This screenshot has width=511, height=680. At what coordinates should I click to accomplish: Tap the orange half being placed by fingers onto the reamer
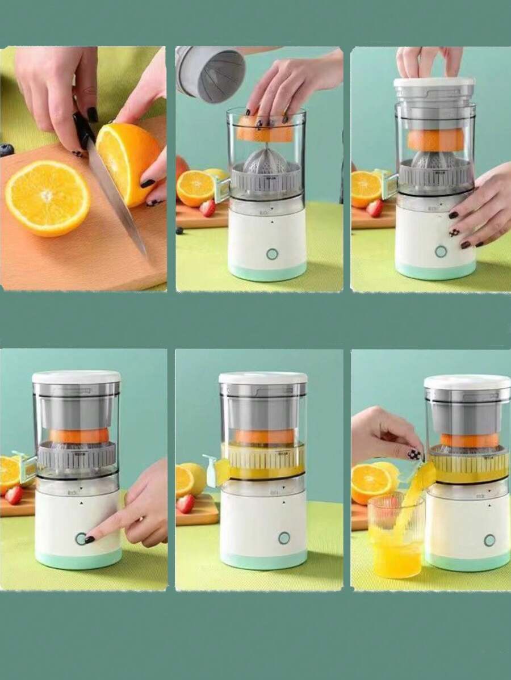coord(265,130)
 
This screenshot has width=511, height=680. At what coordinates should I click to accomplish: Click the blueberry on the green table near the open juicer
coord(179,230)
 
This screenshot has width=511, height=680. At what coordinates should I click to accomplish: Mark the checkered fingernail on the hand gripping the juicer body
coord(455,233)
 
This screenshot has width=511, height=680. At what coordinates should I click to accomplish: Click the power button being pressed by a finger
coord(81,538)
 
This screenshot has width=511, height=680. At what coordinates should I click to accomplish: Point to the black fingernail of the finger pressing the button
coord(90,540)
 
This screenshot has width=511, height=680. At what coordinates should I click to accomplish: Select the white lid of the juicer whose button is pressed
coord(76,377)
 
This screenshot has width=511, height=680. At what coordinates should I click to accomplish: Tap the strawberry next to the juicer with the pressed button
coord(14,494)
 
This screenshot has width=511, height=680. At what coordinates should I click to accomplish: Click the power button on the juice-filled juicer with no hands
coord(284,538)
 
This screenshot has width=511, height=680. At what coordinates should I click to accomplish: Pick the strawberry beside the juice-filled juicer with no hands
coord(185,503)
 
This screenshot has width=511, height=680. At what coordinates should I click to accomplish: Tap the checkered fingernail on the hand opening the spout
coord(414,454)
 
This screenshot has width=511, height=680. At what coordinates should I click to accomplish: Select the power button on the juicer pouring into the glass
coord(489,540)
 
